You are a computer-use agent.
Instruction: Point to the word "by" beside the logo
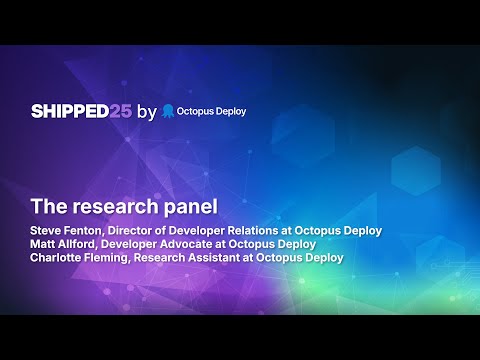pos(146,112)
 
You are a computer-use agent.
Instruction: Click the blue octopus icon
pos(168,111)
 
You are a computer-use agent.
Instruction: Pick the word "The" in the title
pos(47,208)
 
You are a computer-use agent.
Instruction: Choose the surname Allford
pos(82,243)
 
